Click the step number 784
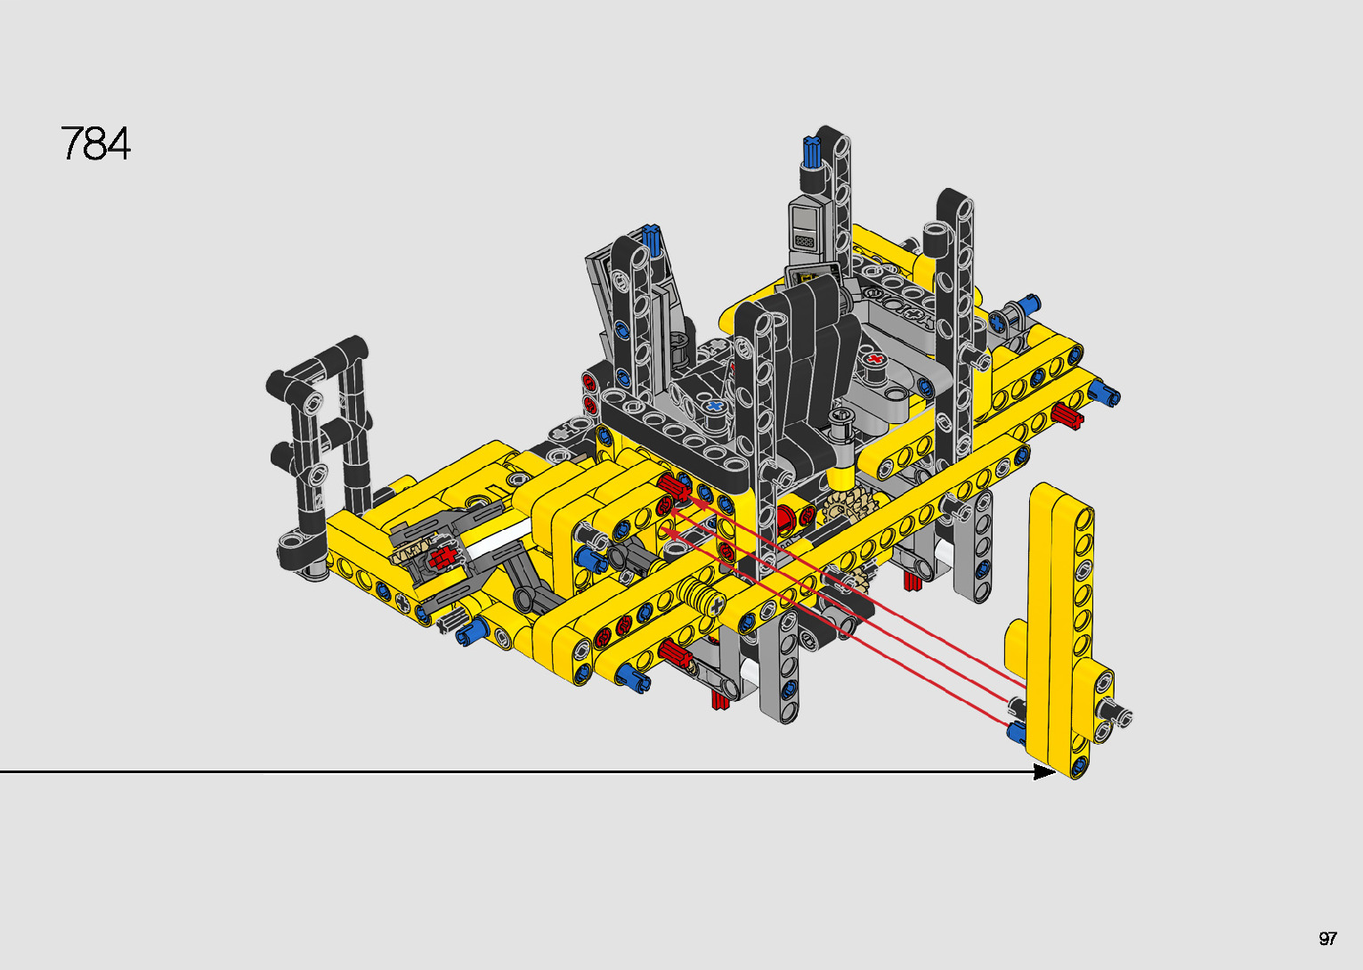95,143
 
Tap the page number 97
1327,938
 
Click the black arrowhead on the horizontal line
1045,772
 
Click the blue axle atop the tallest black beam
812,152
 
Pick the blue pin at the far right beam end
1106,393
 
